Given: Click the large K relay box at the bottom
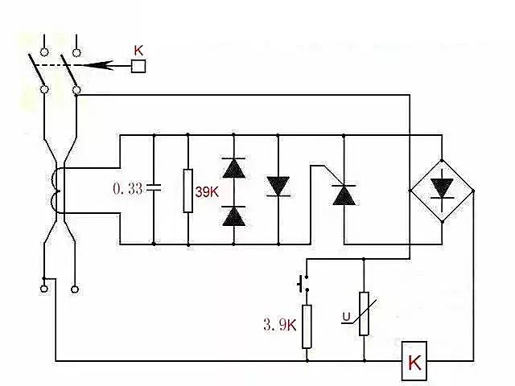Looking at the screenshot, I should tap(414, 363).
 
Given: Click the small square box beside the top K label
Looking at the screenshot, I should tap(138, 66).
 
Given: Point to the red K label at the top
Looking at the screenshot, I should tap(138, 50).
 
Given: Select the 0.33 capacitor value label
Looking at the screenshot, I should tap(127, 189).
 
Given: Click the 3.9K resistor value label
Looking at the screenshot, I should tap(279, 326).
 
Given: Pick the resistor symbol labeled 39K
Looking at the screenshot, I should tap(187, 191).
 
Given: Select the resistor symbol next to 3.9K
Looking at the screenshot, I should tap(307, 326).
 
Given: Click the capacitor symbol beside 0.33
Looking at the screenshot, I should tap(153, 189).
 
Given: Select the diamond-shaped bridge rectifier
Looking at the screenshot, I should tap(441, 190).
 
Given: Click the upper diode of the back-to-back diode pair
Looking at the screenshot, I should tap(233, 167).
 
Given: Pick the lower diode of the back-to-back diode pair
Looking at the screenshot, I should tap(233, 214).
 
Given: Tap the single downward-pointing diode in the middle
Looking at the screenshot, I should tap(278, 187).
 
